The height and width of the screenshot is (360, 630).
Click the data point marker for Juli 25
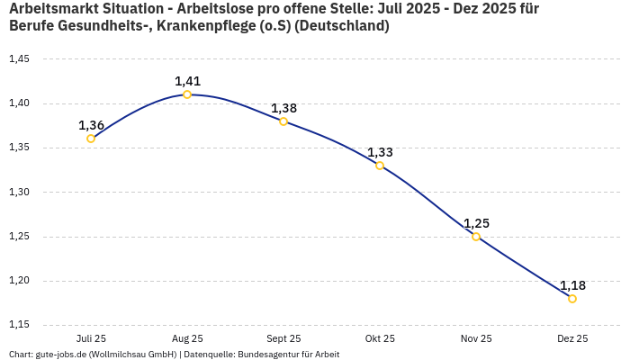pyautogui.click(x=91, y=139)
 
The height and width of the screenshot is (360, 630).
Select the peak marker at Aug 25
pyautogui.click(x=187, y=94)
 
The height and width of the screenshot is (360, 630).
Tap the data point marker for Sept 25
pyautogui.click(x=283, y=121)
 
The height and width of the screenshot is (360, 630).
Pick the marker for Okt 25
pyautogui.click(x=380, y=166)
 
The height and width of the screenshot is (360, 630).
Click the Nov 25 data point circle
pyautogui.click(x=476, y=237)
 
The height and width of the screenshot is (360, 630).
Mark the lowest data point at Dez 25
pyautogui.click(x=572, y=299)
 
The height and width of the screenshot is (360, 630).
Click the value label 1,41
pyautogui.click(x=187, y=81)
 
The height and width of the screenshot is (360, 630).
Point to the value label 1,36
pyautogui.click(x=91, y=125)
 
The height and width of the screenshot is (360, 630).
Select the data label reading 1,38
pyautogui.click(x=283, y=108)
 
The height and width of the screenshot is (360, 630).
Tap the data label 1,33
pyautogui.click(x=380, y=152)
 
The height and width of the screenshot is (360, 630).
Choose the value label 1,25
pyautogui.click(x=476, y=223)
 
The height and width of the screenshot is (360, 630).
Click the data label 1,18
pyautogui.click(x=572, y=285)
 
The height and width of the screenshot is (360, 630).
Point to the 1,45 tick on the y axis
pyautogui.click(x=19, y=59)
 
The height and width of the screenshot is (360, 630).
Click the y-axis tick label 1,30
pyautogui.click(x=19, y=193)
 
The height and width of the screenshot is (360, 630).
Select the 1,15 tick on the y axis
pyautogui.click(x=19, y=325)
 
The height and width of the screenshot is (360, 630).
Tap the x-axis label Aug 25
pyautogui.click(x=187, y=339)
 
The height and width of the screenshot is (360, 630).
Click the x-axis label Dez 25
pyautogui.click(x=572, y=339)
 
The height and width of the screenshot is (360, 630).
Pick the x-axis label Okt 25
pyautogui.click(x=380, y=339)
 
